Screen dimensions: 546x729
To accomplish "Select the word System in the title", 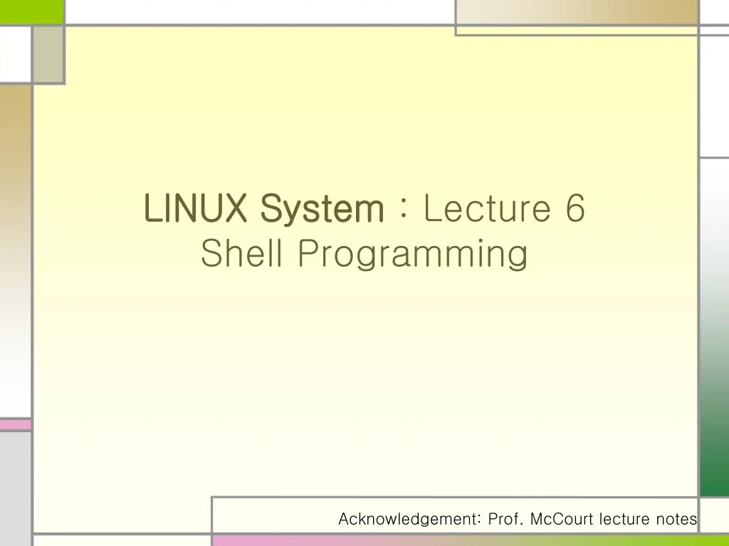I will (321, 210).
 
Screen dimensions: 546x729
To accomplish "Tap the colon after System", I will (403, 210).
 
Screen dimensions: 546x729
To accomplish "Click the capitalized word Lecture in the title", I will (487, 208).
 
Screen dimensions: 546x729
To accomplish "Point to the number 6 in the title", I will (576, 208).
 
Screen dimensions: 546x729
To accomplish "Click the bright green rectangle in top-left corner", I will (32, 11).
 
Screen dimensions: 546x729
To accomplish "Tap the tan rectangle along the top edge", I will (577, 12).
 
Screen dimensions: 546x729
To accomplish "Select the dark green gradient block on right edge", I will (714, 427).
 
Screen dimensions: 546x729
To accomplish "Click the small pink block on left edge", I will (15, 424).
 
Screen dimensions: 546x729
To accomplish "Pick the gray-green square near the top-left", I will (48, 55).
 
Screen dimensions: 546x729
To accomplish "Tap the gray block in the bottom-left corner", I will (15, 491).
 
